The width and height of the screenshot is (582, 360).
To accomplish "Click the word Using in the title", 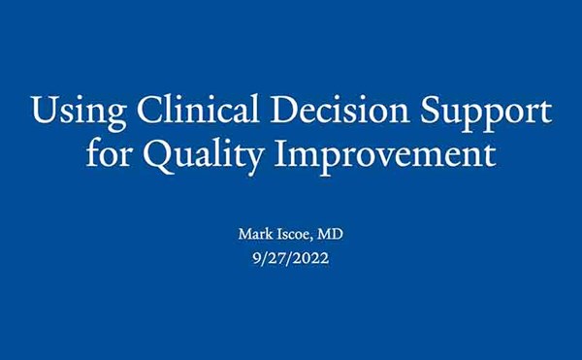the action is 80,112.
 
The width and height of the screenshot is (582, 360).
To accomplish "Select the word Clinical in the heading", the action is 198,109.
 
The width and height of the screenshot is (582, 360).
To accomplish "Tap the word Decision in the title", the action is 340,109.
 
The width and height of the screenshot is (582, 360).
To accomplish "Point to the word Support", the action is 486,113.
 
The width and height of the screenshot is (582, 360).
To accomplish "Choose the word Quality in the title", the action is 204,156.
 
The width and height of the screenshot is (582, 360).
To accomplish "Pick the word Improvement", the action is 385,156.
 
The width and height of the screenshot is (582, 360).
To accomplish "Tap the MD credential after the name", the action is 330,234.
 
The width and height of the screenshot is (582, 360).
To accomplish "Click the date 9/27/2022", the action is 291,258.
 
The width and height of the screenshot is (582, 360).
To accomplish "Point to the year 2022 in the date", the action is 313,257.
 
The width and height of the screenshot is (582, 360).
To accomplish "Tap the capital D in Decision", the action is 285,110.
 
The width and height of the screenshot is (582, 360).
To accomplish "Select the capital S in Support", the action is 430,110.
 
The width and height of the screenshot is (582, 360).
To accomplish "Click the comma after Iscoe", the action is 310,239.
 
